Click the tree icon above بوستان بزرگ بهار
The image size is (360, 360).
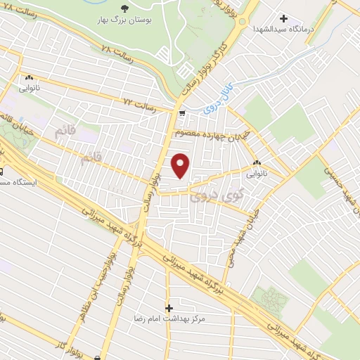[x=124, y=8]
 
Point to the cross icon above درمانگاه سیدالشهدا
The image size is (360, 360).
[x=284, y=18]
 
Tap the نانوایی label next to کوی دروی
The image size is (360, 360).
[x=256, y=171]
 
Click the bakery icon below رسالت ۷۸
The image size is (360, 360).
[x=30, y=77]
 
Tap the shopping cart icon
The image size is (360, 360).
[x=182, y=113]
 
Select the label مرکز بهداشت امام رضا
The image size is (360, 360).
[x=169, y=319]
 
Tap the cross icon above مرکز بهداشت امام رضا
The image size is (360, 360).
[x=169, y=308]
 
